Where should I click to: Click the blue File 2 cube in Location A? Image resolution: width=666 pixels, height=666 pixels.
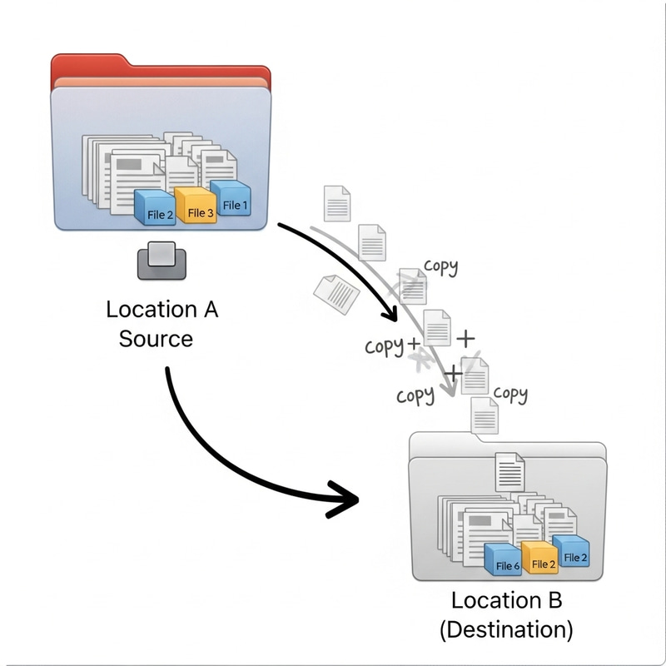coord(156,208)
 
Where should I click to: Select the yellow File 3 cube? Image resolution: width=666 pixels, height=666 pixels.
coord(196,207)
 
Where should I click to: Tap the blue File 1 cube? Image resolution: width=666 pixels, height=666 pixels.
coord(231,200)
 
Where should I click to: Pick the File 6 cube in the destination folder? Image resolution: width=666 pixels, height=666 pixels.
coord(505,560)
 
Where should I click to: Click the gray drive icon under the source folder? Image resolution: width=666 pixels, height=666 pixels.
coord(162,260)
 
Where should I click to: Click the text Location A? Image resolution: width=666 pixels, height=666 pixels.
coord(162,310)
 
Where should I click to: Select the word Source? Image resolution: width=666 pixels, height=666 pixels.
coord(156,339)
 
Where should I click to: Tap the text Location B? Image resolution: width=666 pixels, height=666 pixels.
coord(506,600)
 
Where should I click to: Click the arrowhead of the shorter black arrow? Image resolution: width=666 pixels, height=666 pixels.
coord(387,315)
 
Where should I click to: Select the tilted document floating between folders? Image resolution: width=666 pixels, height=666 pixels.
coord(335,294)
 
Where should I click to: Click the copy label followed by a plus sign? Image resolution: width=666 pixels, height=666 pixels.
coord(385,345)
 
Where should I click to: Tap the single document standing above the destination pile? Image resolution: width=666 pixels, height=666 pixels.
coord(509,471)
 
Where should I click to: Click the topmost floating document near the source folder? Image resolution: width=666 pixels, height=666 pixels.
coord(337,203)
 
